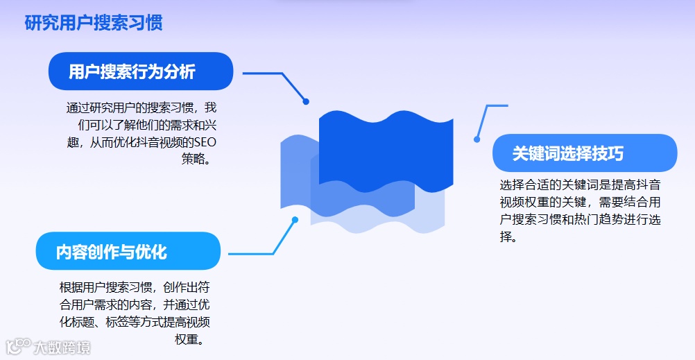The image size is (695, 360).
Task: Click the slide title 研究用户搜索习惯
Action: [x=94, y=23]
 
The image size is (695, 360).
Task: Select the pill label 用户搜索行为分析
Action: [x=132, y=71]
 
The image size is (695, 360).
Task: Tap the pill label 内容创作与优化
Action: [x=111, y=251]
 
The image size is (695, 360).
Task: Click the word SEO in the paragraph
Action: [x=205, y=143]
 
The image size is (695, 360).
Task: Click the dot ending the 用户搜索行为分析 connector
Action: [x=306, y=101]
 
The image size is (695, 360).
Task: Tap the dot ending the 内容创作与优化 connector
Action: [x=295, y=220]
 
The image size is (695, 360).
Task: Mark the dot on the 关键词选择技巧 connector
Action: [x=477, y=139]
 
